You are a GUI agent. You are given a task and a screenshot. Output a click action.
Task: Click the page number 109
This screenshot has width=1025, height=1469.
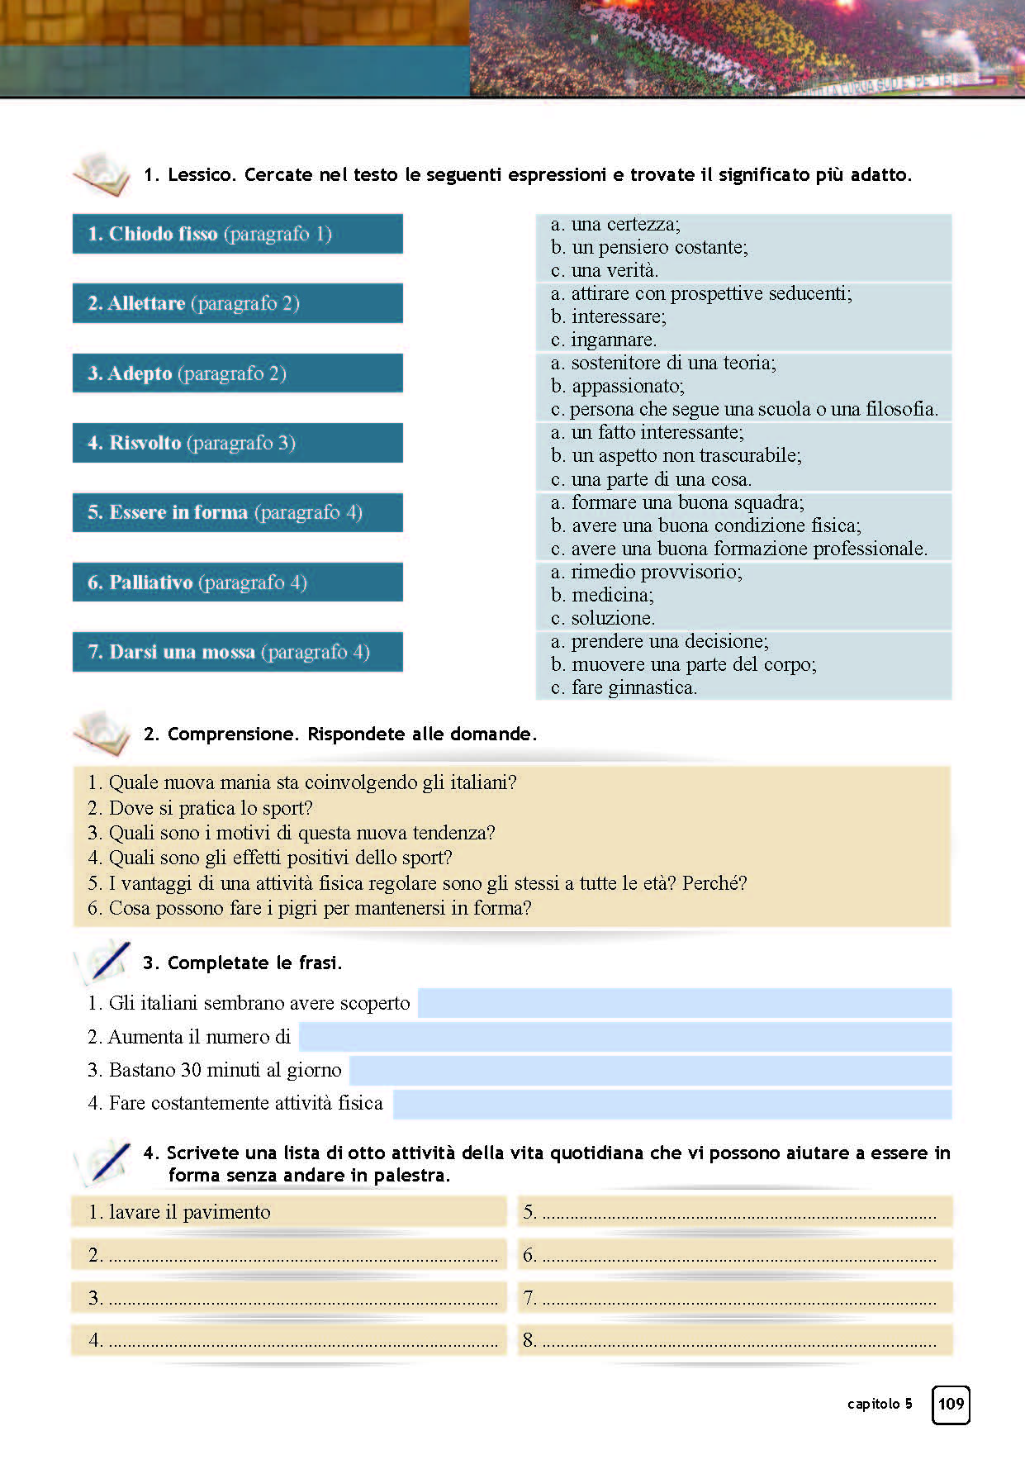[951, 1404]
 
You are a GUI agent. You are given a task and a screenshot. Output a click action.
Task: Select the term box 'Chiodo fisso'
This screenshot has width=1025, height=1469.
[237, 234]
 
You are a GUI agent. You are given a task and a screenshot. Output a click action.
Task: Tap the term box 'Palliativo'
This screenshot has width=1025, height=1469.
[237, 582]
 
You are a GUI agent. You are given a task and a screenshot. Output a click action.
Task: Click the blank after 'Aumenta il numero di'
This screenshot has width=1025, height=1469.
[624, 1037]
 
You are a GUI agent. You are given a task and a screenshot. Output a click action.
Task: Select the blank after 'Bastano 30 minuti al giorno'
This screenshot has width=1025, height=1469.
[650, 1071]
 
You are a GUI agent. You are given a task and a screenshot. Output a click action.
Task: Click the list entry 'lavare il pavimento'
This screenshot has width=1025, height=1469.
[190, 1212]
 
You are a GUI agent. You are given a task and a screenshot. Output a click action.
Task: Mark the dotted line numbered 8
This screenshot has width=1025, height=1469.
[738, 1340]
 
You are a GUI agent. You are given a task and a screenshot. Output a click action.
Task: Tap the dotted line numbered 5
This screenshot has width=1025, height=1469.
[738, 1212]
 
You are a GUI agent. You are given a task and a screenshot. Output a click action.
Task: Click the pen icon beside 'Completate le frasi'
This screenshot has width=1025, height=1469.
[105, 963]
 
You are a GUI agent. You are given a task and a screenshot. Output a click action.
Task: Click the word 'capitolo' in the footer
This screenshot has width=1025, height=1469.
[873, 1404]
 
